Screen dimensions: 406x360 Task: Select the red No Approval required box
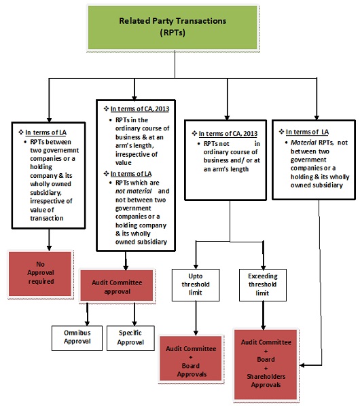point(49,271)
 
